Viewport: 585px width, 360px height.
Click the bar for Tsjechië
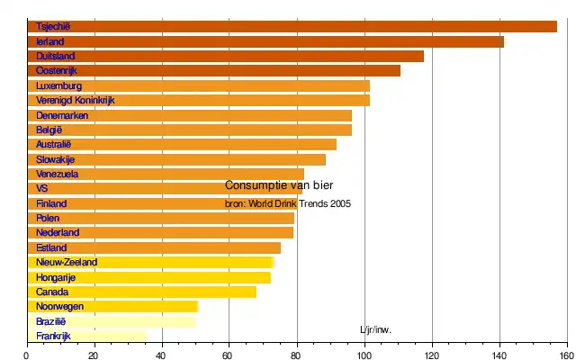coord(292,26)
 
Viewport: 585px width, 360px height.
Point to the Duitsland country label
coord(56,57)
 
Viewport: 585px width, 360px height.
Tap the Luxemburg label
coord(59,85)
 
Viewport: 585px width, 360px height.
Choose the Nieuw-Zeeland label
coord(67,263)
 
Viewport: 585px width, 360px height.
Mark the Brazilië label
coord(51,321)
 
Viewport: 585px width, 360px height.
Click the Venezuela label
coord(58,174)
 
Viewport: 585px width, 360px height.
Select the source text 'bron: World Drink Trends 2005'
coord(287,203)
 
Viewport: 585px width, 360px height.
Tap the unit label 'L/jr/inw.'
coord(375,329)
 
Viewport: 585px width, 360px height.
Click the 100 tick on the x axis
coord(364,355)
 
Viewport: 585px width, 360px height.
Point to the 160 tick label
coord(566,355)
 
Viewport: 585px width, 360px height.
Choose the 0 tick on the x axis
coord(27,355)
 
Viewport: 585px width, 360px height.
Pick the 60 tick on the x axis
coord(229,355)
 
